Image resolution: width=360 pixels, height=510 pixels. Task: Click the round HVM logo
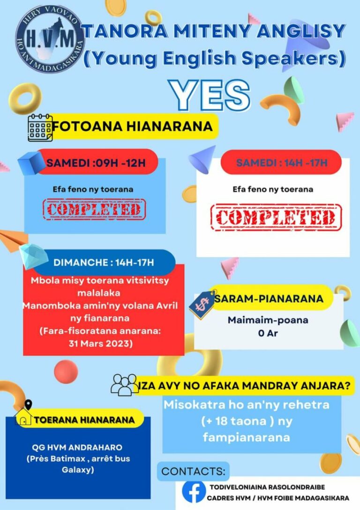pos(50,38)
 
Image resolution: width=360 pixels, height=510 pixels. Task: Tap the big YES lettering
pos(210,95)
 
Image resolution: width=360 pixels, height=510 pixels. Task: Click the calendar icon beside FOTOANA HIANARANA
pos(40,128)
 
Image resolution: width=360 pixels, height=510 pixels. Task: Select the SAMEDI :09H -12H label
pos(96,163)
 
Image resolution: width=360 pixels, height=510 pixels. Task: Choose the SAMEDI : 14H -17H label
pos(282,163)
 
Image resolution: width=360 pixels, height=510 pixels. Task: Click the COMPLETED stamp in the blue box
pos(94,209)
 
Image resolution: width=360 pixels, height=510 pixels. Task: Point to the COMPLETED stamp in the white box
pos(276,217)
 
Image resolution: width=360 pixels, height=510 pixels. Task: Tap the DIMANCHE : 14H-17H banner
pos(104,262)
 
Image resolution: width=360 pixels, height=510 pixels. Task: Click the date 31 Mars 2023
pos(101,343)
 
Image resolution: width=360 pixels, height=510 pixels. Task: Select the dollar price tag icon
pos(202,305)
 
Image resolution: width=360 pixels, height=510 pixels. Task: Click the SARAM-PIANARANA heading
pos(269,299)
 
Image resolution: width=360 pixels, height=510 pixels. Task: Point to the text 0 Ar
pos(268,333)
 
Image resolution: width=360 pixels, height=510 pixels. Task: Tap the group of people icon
pos(124,384)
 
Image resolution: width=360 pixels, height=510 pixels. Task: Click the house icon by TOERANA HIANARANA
pos(23,416)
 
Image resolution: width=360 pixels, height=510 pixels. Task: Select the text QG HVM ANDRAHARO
pos(77,447)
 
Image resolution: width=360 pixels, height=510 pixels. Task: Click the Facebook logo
pos(194,491)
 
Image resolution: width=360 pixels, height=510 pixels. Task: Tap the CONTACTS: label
pos(193,472)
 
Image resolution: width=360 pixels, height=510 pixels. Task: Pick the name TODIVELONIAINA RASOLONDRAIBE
pos(267,487)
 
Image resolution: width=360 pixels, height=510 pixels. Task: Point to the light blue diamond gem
pos(33,256)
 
